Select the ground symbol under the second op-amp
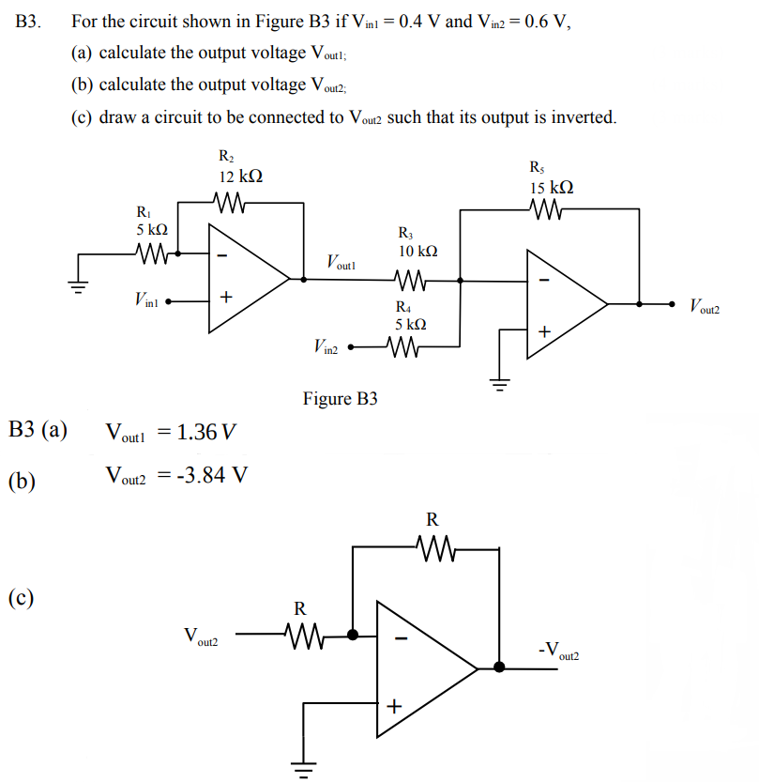[498, 381]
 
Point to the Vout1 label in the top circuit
[342, 262]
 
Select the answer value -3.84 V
[201, 474]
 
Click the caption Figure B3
[340, 399]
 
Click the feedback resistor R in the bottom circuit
[433, 544]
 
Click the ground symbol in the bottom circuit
[302, 770]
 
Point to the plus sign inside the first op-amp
[225, 298]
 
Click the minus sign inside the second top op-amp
[545, 278]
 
